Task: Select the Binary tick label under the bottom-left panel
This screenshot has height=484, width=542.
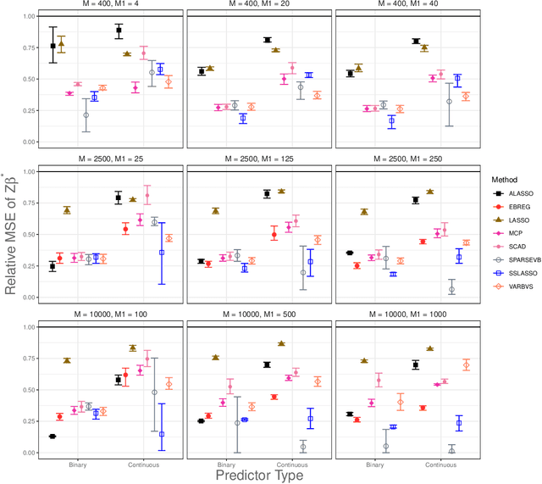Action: [x=80, y=465]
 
